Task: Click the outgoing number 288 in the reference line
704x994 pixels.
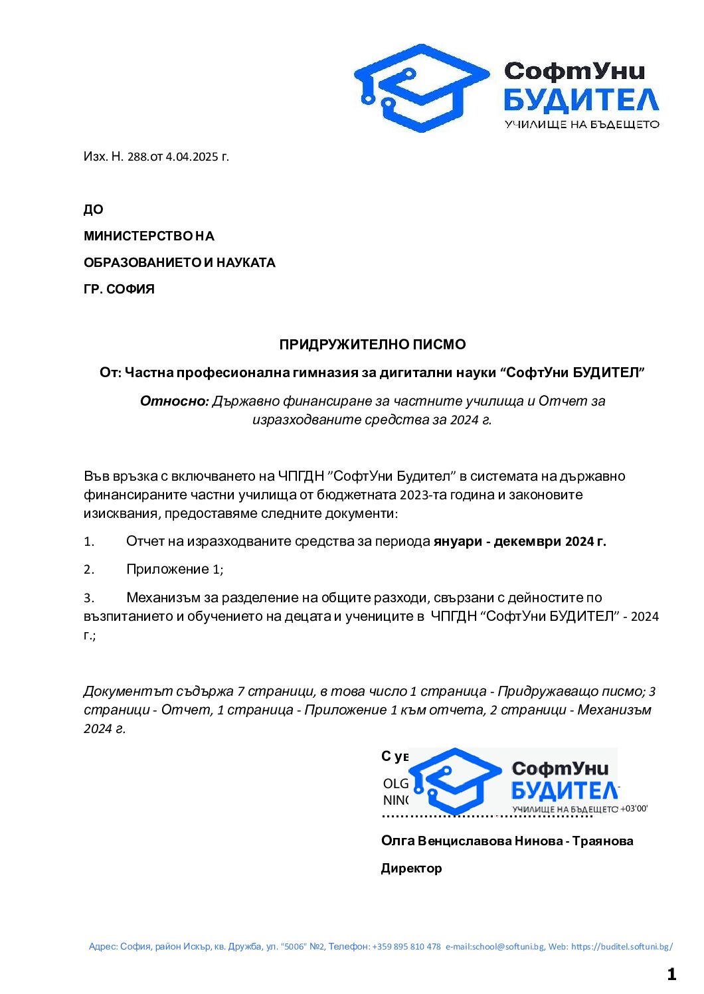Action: (x=137, y=157)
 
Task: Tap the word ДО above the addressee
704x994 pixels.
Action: (x=94, y=210)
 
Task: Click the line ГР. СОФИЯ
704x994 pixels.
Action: (x=119, y=290)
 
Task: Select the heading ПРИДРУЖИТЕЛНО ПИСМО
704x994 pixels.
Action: (x=372, y=345)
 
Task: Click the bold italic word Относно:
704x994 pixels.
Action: (x=175, y=401)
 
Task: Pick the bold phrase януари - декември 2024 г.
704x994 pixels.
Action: (x=519, y=541)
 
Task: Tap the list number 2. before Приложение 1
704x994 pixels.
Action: (x=89, y=570)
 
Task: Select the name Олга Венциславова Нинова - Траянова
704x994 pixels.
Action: (x=507, y=841)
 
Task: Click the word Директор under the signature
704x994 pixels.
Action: (x=411, y=869)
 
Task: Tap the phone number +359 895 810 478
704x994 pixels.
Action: (x=406, y=947)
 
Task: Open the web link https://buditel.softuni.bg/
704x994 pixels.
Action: (x=622, y=947)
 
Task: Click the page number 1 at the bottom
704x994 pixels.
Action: (x=671, y=974)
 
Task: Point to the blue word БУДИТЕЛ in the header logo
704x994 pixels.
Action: (x=581, y=100)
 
